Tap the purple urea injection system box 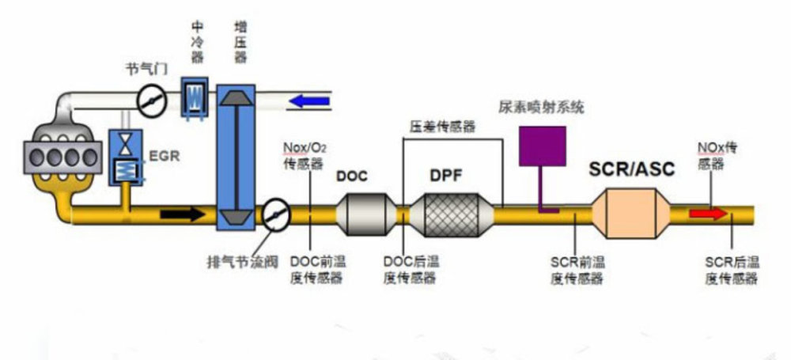point(542,146)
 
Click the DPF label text point(445,175)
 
